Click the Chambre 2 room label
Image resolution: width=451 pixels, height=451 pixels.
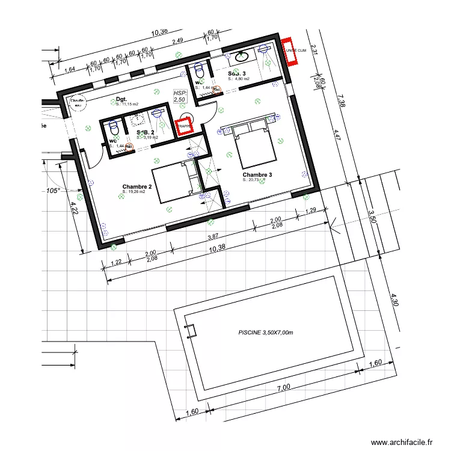(137, 186)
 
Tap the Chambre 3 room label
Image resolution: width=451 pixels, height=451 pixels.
(257, 175)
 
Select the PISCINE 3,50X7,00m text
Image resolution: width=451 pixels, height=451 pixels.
(265, 332)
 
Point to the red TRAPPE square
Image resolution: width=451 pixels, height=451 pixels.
(185, 126)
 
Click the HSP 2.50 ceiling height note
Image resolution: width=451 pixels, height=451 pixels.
(180, 96)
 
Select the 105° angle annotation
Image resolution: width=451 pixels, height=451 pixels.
(54, 191)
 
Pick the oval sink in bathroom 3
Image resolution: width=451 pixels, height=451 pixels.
(242, 57)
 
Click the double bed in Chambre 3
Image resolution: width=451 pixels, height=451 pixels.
(254, 145)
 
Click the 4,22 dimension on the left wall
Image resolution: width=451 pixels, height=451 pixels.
(74, 207)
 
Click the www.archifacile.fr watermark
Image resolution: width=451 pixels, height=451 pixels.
(401, 442)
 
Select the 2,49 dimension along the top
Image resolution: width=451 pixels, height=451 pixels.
(177, 41)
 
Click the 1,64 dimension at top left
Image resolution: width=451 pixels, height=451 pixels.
(69, 70)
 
